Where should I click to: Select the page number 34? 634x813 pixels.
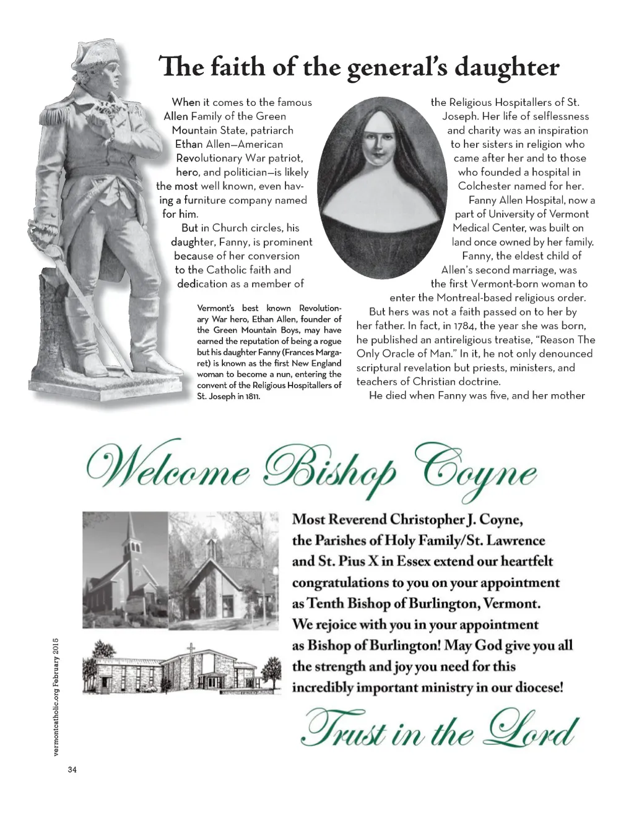click(72, 770)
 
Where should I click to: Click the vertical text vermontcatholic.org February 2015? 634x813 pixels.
click(56, 696)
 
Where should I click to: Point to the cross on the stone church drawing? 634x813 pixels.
click(191, 650)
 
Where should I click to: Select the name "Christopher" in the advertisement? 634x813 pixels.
click(427, 520)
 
